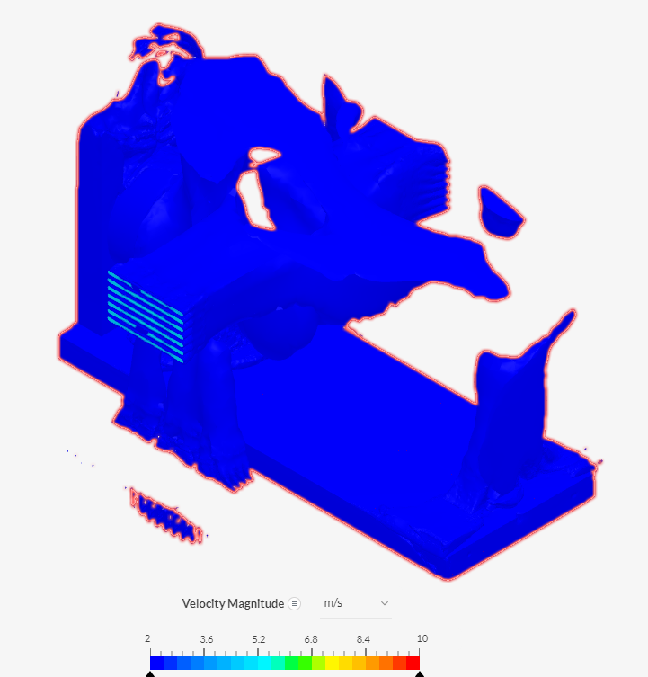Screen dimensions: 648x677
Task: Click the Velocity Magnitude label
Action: tap(233, 603)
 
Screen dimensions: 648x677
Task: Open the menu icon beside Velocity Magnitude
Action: tap(294, 603)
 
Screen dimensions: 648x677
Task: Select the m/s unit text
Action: tap(333, 602)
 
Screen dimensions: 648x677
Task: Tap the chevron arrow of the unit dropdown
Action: tap(385, 603)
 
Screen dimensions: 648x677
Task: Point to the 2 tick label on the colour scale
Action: tap(147, 638)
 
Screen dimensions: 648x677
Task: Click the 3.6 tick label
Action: tap(207, 639)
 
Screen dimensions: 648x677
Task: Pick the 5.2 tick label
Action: tap(259, 639)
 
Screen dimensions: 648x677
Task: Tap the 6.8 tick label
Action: tap(311, 639)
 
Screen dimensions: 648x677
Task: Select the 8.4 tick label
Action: tap(363, 639)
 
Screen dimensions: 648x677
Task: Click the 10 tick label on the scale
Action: tap(422, 638)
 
